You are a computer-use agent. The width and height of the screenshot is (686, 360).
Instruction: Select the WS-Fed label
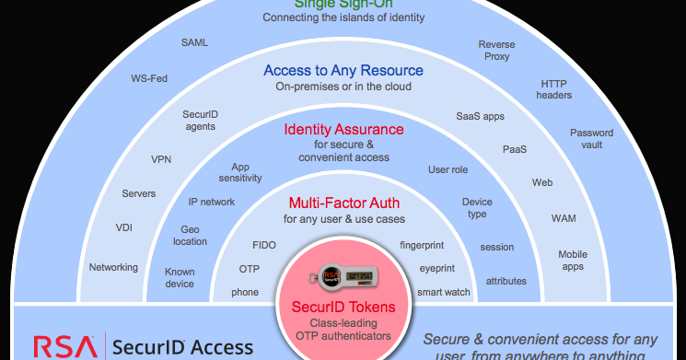tap(149, 78)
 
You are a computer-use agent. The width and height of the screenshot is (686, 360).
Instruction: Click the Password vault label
tap(591, 139)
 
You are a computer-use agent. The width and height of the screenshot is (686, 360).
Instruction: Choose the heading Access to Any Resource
tap(343, 70)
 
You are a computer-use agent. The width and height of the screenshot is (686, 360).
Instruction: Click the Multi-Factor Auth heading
tap(343, 203)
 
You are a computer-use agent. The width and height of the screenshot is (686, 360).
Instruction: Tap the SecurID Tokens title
tap(343, 307)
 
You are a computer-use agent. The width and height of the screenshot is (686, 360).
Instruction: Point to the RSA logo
tap(64, 347)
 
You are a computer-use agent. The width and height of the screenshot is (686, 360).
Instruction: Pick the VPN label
tap(161, 159)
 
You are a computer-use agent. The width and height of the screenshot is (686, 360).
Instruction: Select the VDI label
tap(123, 227)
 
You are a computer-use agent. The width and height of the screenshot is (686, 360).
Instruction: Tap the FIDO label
tap(264, 246)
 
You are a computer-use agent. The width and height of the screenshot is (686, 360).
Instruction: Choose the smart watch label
tap(444, 292)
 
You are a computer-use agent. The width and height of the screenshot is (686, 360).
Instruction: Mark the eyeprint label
tap(437, 269)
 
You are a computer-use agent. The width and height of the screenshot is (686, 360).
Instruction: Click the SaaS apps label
tap(480, 117)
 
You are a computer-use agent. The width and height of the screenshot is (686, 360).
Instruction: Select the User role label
tap(448, 169)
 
